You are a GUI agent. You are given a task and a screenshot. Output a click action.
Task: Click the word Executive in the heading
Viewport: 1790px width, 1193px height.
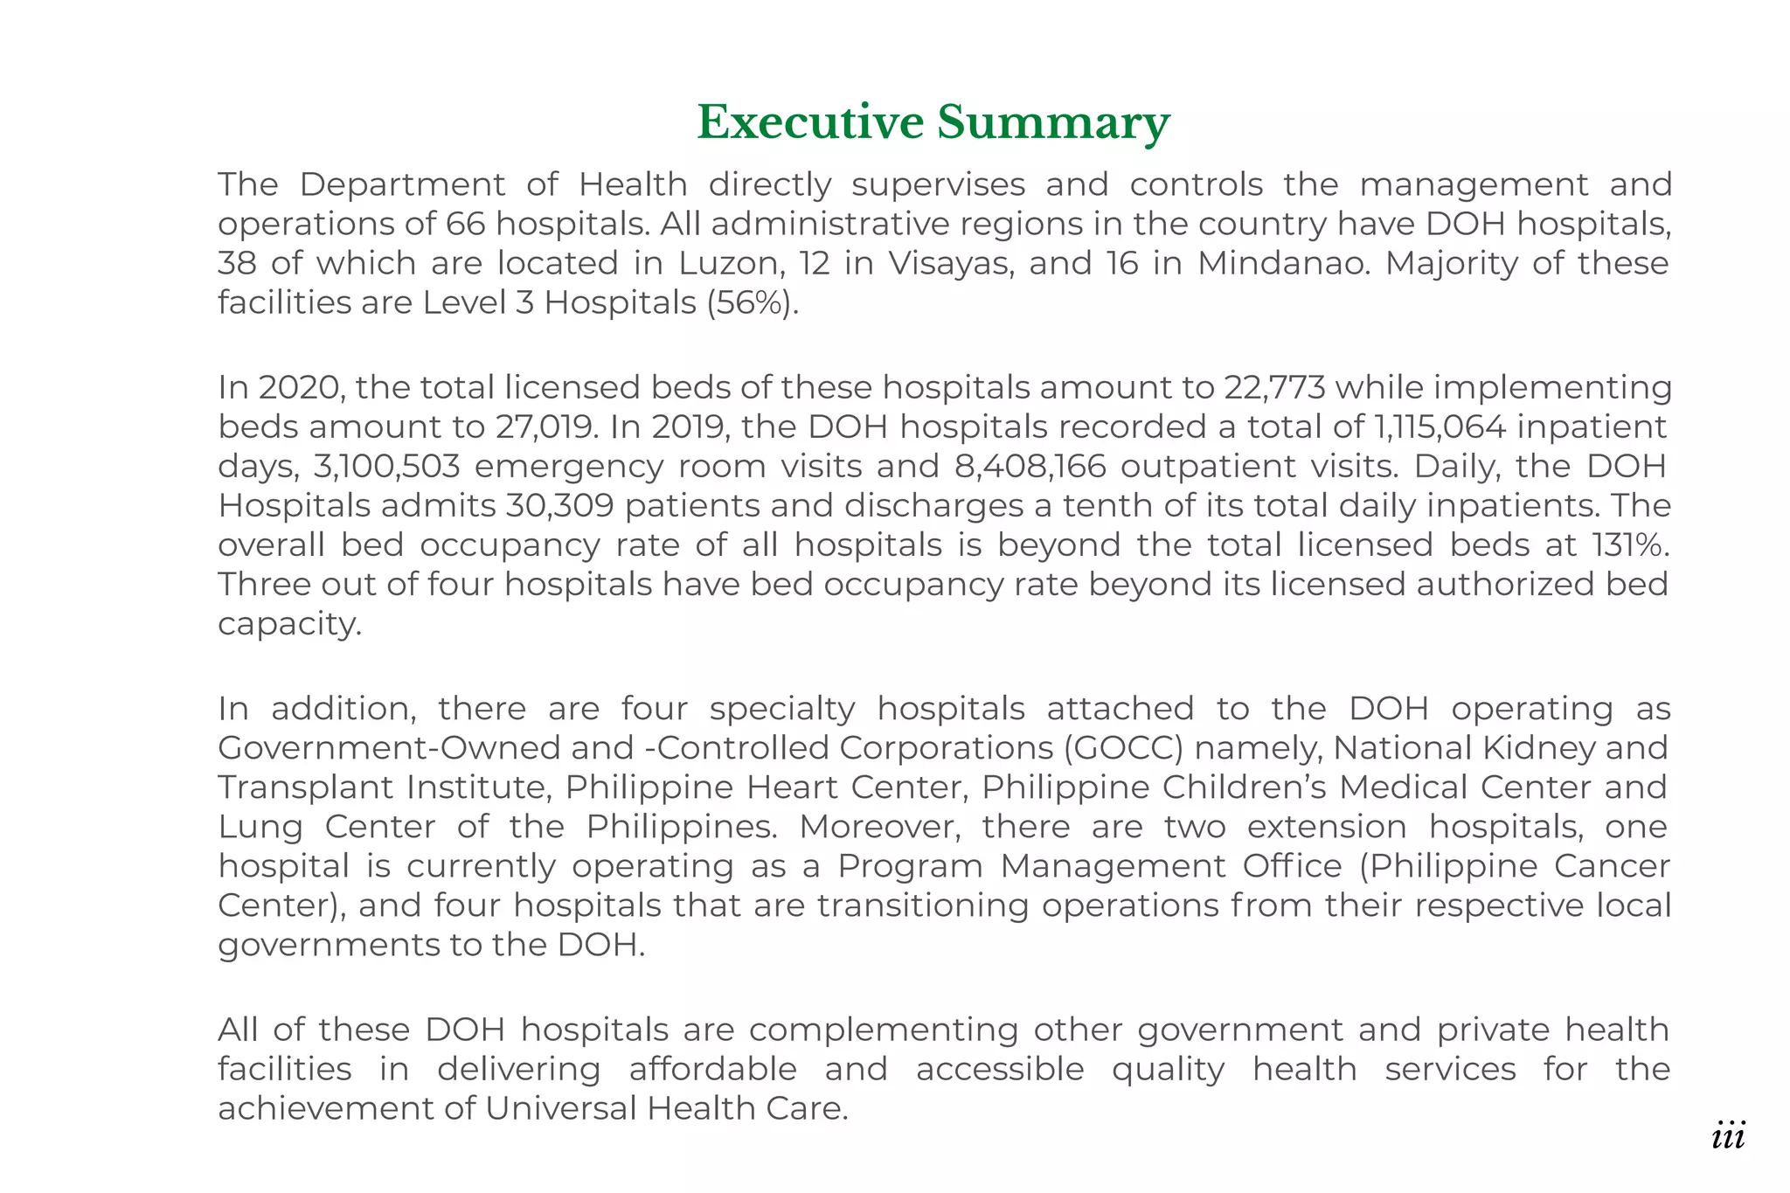pos(809,121)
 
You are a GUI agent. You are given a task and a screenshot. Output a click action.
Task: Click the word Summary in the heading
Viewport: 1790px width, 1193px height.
pos(1053,121)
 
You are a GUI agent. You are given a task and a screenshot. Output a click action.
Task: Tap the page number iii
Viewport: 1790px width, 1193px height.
pos(1728,1136)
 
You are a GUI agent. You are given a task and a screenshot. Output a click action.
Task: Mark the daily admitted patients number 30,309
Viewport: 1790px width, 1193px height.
pos(559,505)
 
